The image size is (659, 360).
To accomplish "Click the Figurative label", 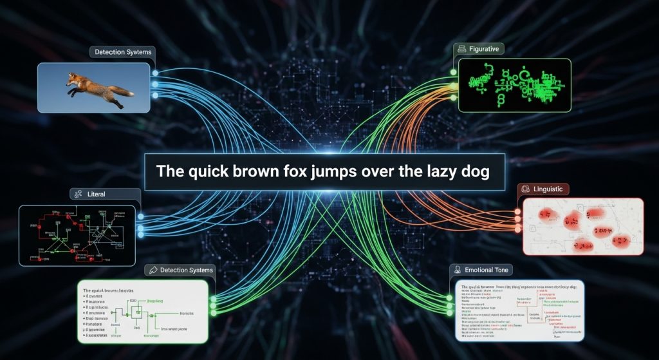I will [x=487, y=49].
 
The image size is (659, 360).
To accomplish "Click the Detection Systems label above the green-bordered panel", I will [x=187, y=270].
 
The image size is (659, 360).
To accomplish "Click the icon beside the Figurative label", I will [x=461, y=49].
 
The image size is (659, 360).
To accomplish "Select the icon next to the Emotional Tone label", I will [x=458, y=270].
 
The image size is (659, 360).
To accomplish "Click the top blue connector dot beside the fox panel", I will [x=154, y=72].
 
